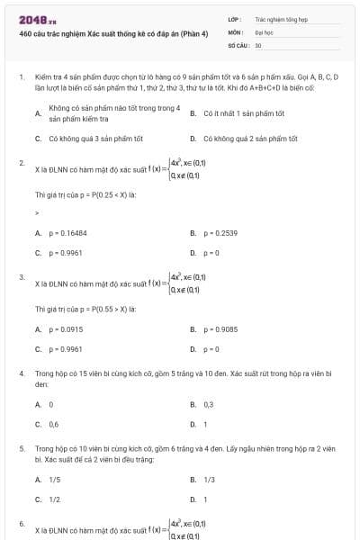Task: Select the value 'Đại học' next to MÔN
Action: [x=264, y=31]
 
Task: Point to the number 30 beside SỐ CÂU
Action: [x=258, y=44]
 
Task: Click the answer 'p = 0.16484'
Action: [x=68, y=232]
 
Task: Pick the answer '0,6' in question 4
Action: [x=54, y=423]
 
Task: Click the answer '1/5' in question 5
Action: [x=55, y=480]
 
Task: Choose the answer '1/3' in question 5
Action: [x=209, y=480]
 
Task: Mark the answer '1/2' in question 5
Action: [x=55, y=499]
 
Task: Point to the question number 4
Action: [x=21, y=372]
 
